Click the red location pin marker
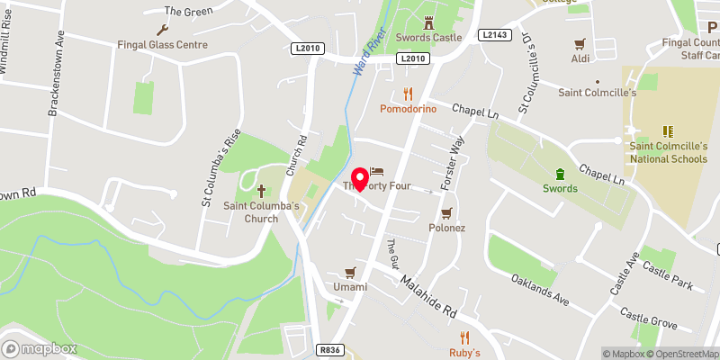pos(360,179)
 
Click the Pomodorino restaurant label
pos(408,109)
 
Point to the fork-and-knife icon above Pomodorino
pos(408,93)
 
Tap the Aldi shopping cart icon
pos(580,41)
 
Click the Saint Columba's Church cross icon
pos(262,190)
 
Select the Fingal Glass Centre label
pos(162,44)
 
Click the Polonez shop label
pos(446,228)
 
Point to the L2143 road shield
pos(494,35)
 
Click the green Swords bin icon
pos(559,174)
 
